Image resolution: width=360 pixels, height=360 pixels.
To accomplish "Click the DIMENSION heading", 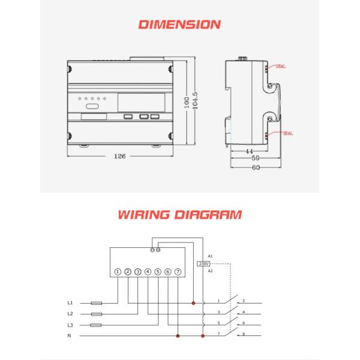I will pyautogui.click(x=179, y=25).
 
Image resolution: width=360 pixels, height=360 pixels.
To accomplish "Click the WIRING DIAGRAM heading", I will pyautogui.click(x=180, y=214).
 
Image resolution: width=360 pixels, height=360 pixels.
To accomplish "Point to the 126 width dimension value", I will pyautogui.click(x=119, y=157).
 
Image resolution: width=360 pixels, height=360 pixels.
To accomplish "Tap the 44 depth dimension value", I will pyautogui.click(x=248, y=152).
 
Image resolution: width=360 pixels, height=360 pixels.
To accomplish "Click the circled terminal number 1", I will pyautogui.click(x=118, y=272).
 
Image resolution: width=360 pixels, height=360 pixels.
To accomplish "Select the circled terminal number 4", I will pyautogui.click(x=148, y=272).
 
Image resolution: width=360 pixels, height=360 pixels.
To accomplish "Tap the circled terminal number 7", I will pyautogui.click(x=178, y=272).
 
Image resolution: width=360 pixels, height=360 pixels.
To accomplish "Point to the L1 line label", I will pyautogui.click(x=70, y=303).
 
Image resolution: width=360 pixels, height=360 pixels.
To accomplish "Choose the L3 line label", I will pyautogui.click(x=70, y=325).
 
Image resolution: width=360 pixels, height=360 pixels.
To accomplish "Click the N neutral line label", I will pyautogui.click(x=70, y=336).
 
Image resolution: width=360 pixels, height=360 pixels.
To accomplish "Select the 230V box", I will pyautogui.click(x=202, y=263).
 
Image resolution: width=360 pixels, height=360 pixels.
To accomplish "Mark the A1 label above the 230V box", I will pyautogui.click(x=210, y=256).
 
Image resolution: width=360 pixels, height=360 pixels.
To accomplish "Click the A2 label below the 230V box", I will pyautogui.click(x=210, y=271).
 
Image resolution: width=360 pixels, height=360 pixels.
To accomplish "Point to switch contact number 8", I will pyautogui.click(x=243, y=334).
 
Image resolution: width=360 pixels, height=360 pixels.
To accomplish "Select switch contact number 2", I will pyautogui.click(x=243, y=301).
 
